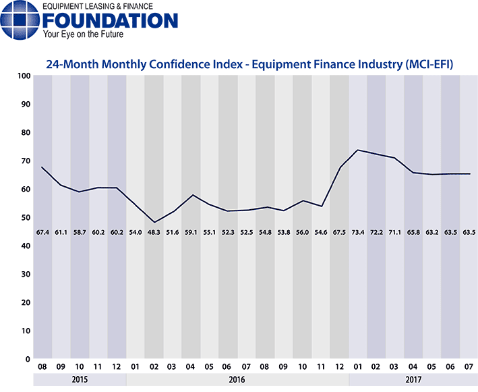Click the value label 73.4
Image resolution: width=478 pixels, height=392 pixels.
(357, 232)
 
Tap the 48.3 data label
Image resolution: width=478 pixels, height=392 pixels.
(153, 232)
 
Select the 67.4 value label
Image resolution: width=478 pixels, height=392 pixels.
(42, 232)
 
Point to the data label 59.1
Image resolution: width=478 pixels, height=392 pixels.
(190, 232)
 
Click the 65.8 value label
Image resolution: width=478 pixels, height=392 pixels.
(413, 232)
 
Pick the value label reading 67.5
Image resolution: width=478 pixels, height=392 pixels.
(338, 232)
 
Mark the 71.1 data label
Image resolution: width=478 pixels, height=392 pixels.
(394, 232)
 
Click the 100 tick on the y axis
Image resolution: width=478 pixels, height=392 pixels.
(24, 76)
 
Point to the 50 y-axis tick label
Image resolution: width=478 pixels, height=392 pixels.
(25, 217)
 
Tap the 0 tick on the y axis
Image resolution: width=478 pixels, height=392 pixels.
(28, 359)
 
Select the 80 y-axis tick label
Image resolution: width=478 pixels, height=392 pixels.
(25, 132)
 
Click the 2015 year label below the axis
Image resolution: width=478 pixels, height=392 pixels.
(79, 380)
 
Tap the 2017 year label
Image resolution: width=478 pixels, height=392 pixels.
(413, 380)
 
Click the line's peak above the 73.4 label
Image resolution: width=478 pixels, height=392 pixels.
(357, 150)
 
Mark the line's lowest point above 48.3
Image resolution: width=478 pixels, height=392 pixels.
(154, 222)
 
